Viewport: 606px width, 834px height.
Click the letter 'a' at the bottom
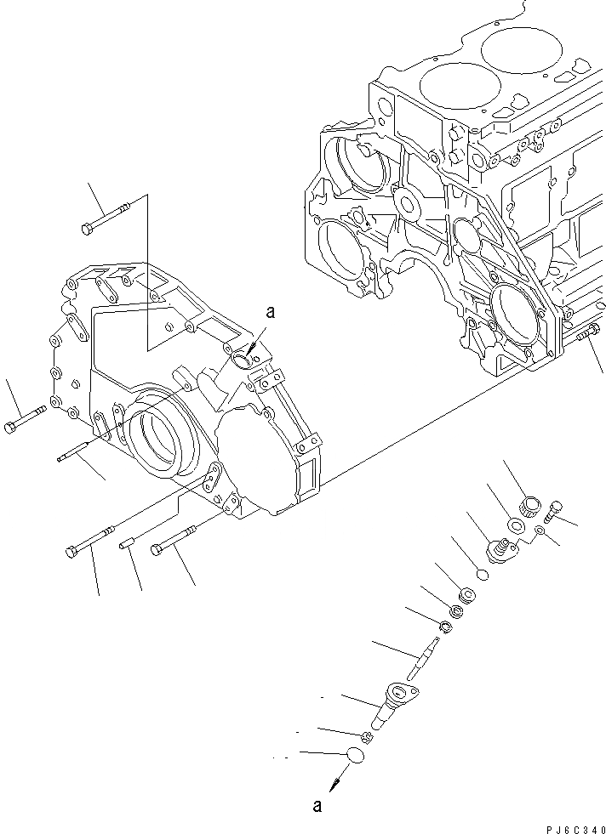pos(317,807)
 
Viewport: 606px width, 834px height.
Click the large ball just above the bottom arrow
pos(356,755)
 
